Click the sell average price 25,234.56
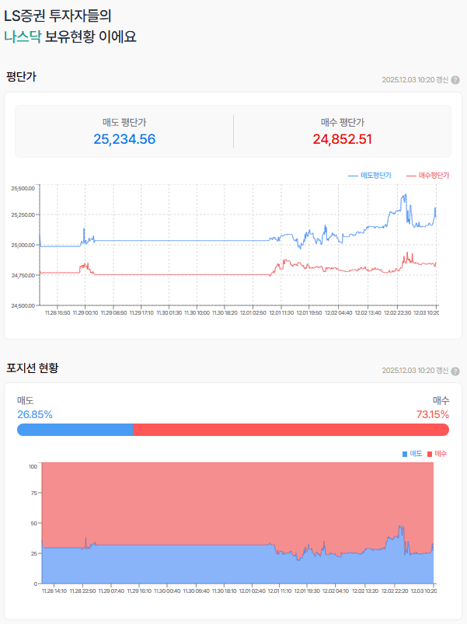coord(124,139)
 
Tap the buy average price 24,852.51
coord(343,139)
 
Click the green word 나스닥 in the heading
coord(23,36)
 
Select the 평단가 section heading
coord(21,76)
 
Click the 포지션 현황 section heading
coord(32,367)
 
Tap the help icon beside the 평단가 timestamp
coord(455,80)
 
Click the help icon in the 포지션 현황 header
coord(455,371)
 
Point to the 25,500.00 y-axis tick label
coord(24,188)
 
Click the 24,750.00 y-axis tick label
coord(24,275)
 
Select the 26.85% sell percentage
coord(35,414)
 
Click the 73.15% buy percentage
coord(433,414)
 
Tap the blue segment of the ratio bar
coord(75,430)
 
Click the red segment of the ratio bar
coord(291,430)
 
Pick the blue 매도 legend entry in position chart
coord(413,453)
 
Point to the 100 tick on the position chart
coord(33,466)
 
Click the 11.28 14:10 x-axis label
coord(54,591)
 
